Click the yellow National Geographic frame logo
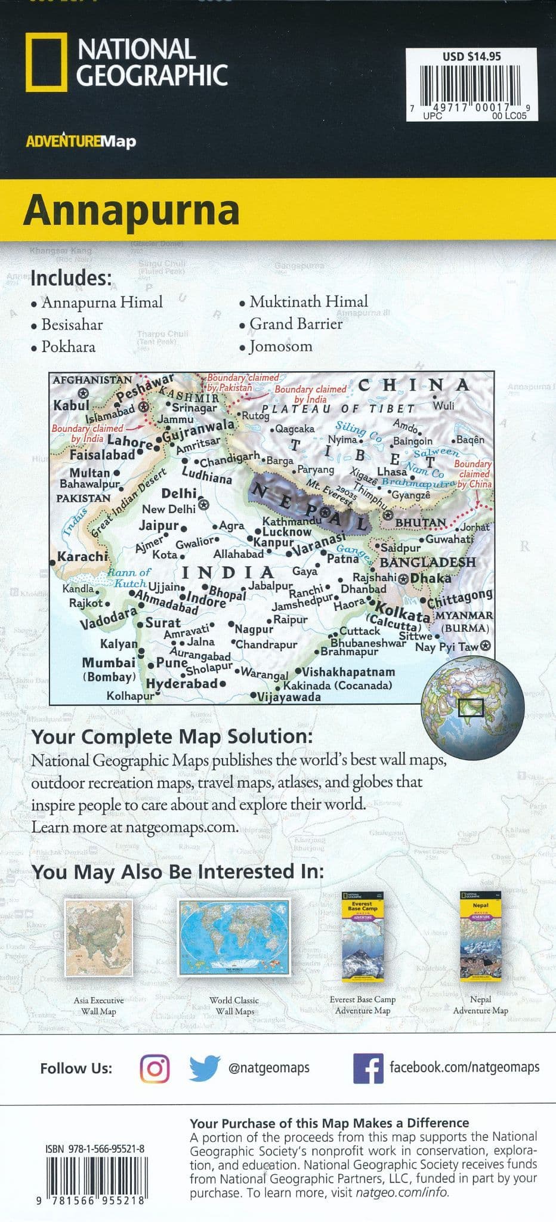[x=45, y=62]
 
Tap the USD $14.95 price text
[x=471, y=57]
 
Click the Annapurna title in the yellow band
[x=131, y=209]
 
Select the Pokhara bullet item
[x=68, y=347]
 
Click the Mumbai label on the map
[x=109, y=663]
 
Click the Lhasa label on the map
[x=392, y=471]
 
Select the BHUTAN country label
[x=421, y=523]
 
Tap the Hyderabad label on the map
[x=181, y=684]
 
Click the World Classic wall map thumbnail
[x=234, y=937]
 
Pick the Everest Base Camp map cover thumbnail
[x=362, y=937]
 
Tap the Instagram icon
[x=155, y=1067]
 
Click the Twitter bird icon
[x=205, y=1068]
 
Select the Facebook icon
[x=368, y=1068]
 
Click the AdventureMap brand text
[x=81, y=141]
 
